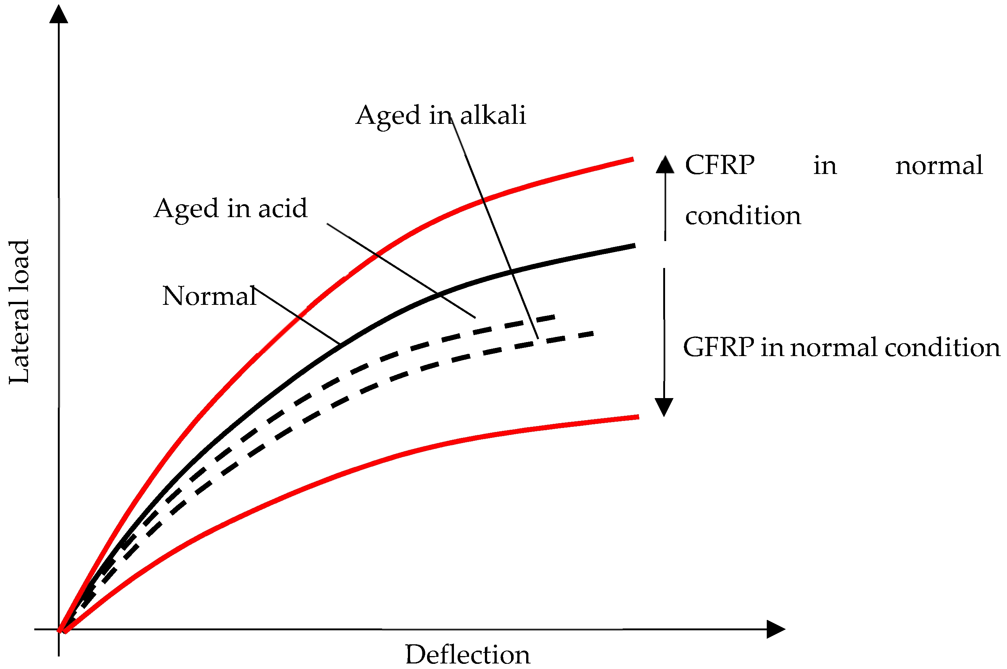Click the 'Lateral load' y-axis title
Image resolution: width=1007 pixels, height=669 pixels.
(19, 312)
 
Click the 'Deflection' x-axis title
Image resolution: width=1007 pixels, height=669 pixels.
(468, 655)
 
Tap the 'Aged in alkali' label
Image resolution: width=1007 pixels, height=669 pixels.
(441, 115)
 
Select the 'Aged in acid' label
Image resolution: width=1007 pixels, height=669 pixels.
(230, 209)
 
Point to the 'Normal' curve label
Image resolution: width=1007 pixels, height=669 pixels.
(209, 296)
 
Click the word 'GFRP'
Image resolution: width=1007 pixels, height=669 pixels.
(718, 347)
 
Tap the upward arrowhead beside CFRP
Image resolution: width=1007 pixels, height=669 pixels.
(665, 165)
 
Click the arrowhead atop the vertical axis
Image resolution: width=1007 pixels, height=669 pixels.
(59, 14)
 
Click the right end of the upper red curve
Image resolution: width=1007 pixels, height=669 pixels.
(632, 159)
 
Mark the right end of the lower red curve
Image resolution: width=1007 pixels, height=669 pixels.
(638, 417)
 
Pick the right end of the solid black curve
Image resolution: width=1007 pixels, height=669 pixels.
(634, 246)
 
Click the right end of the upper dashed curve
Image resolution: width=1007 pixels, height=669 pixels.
(554, 317)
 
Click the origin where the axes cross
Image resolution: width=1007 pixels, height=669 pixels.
(59, 629)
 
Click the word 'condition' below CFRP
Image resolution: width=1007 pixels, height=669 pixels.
(743, 216)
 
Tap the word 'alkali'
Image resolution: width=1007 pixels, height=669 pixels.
(493, 115)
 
